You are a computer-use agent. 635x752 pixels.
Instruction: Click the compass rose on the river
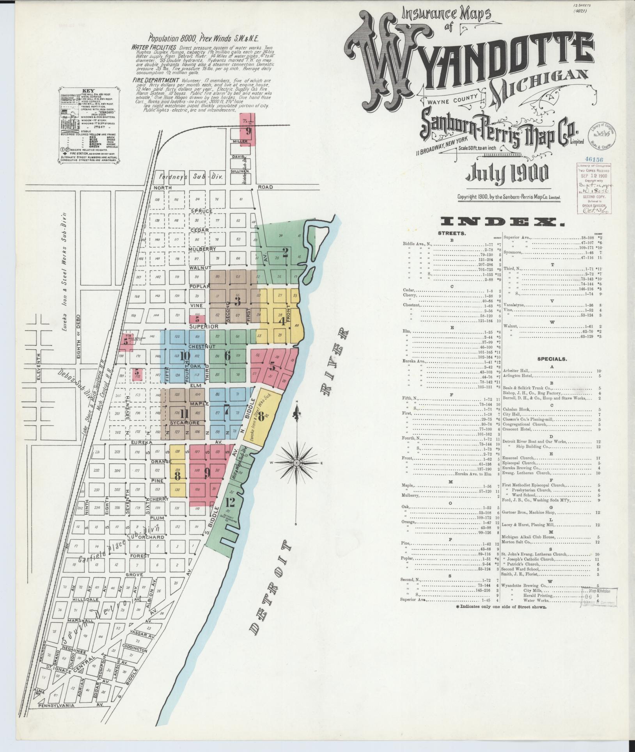point(296,462)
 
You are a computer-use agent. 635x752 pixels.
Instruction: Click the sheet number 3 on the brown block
point(237,301)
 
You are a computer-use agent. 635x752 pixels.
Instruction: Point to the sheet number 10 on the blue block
point(185,356)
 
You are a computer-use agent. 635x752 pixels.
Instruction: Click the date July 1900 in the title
point(507,173)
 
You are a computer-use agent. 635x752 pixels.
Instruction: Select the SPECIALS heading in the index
point(552,358)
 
